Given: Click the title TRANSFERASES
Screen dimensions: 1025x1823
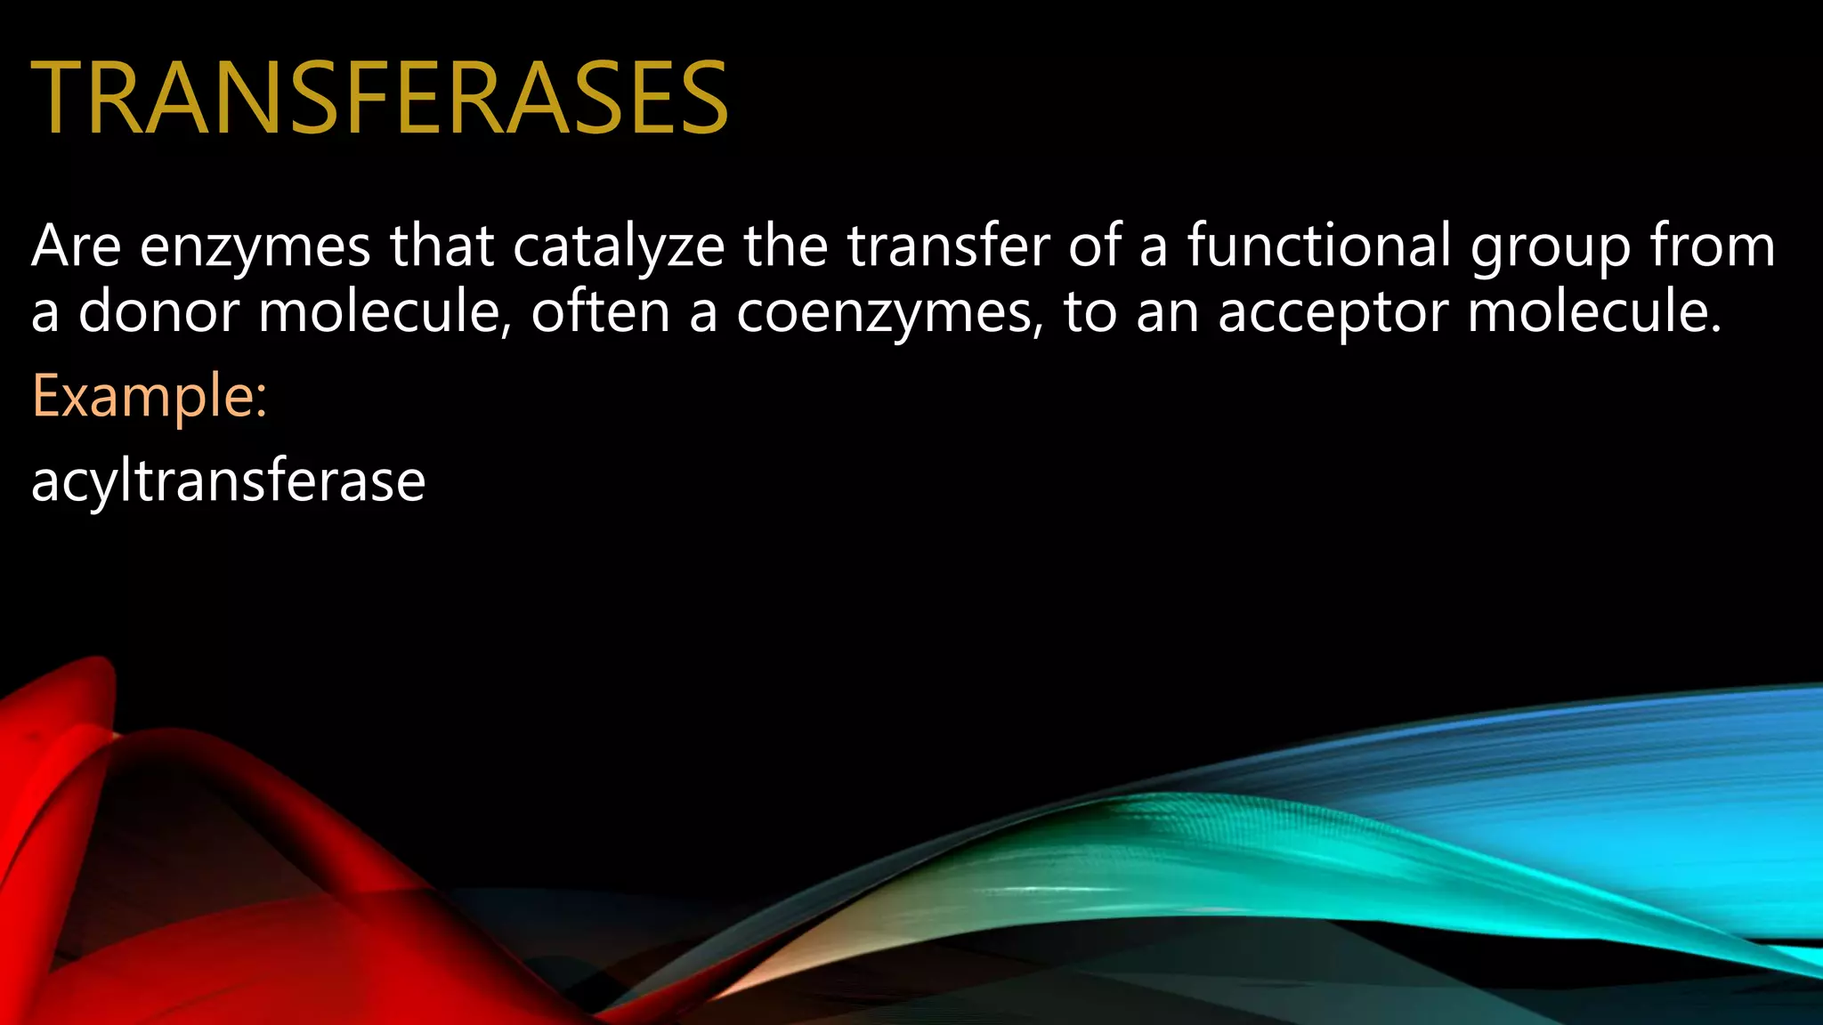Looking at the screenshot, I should [380, 98].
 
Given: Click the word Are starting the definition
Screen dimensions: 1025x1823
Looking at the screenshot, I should [76, 246].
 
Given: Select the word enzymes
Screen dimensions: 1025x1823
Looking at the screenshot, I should [255, 248].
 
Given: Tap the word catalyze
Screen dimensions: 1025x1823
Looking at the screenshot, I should [619, 248].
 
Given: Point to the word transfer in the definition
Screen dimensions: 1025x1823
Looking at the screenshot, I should [948, 246].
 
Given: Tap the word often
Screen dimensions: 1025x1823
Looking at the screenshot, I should [600, 312].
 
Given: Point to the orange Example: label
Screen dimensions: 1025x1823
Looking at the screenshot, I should [150, 397].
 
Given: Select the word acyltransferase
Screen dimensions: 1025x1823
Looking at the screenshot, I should [229, 481].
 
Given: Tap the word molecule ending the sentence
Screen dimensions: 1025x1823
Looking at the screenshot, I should [1593, 312].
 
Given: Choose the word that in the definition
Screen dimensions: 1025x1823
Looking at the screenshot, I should [442, 246].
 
